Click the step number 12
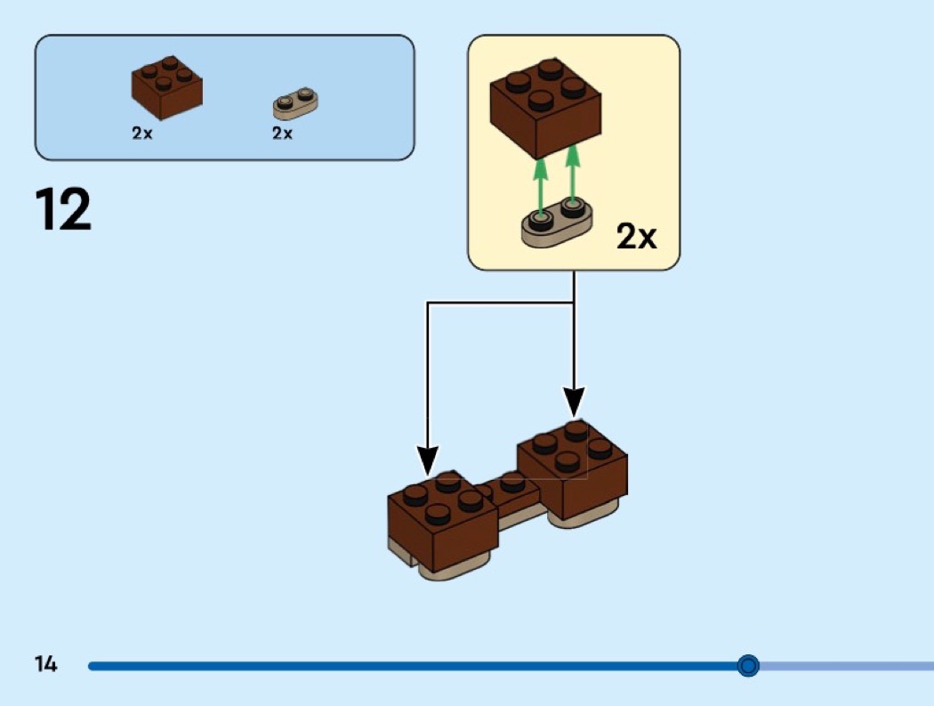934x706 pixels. (x=63, y=210)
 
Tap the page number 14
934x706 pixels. (x=45, y=664)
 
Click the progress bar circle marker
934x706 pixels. (x=748, y=665)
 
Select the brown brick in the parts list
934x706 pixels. (x=166, y=87)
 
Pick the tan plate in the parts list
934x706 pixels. (x=295, y=103)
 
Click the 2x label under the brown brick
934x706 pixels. (x=141, y=134)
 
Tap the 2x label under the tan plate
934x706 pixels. (x=282, y=134)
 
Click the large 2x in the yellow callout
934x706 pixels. (x=636, y=236)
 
